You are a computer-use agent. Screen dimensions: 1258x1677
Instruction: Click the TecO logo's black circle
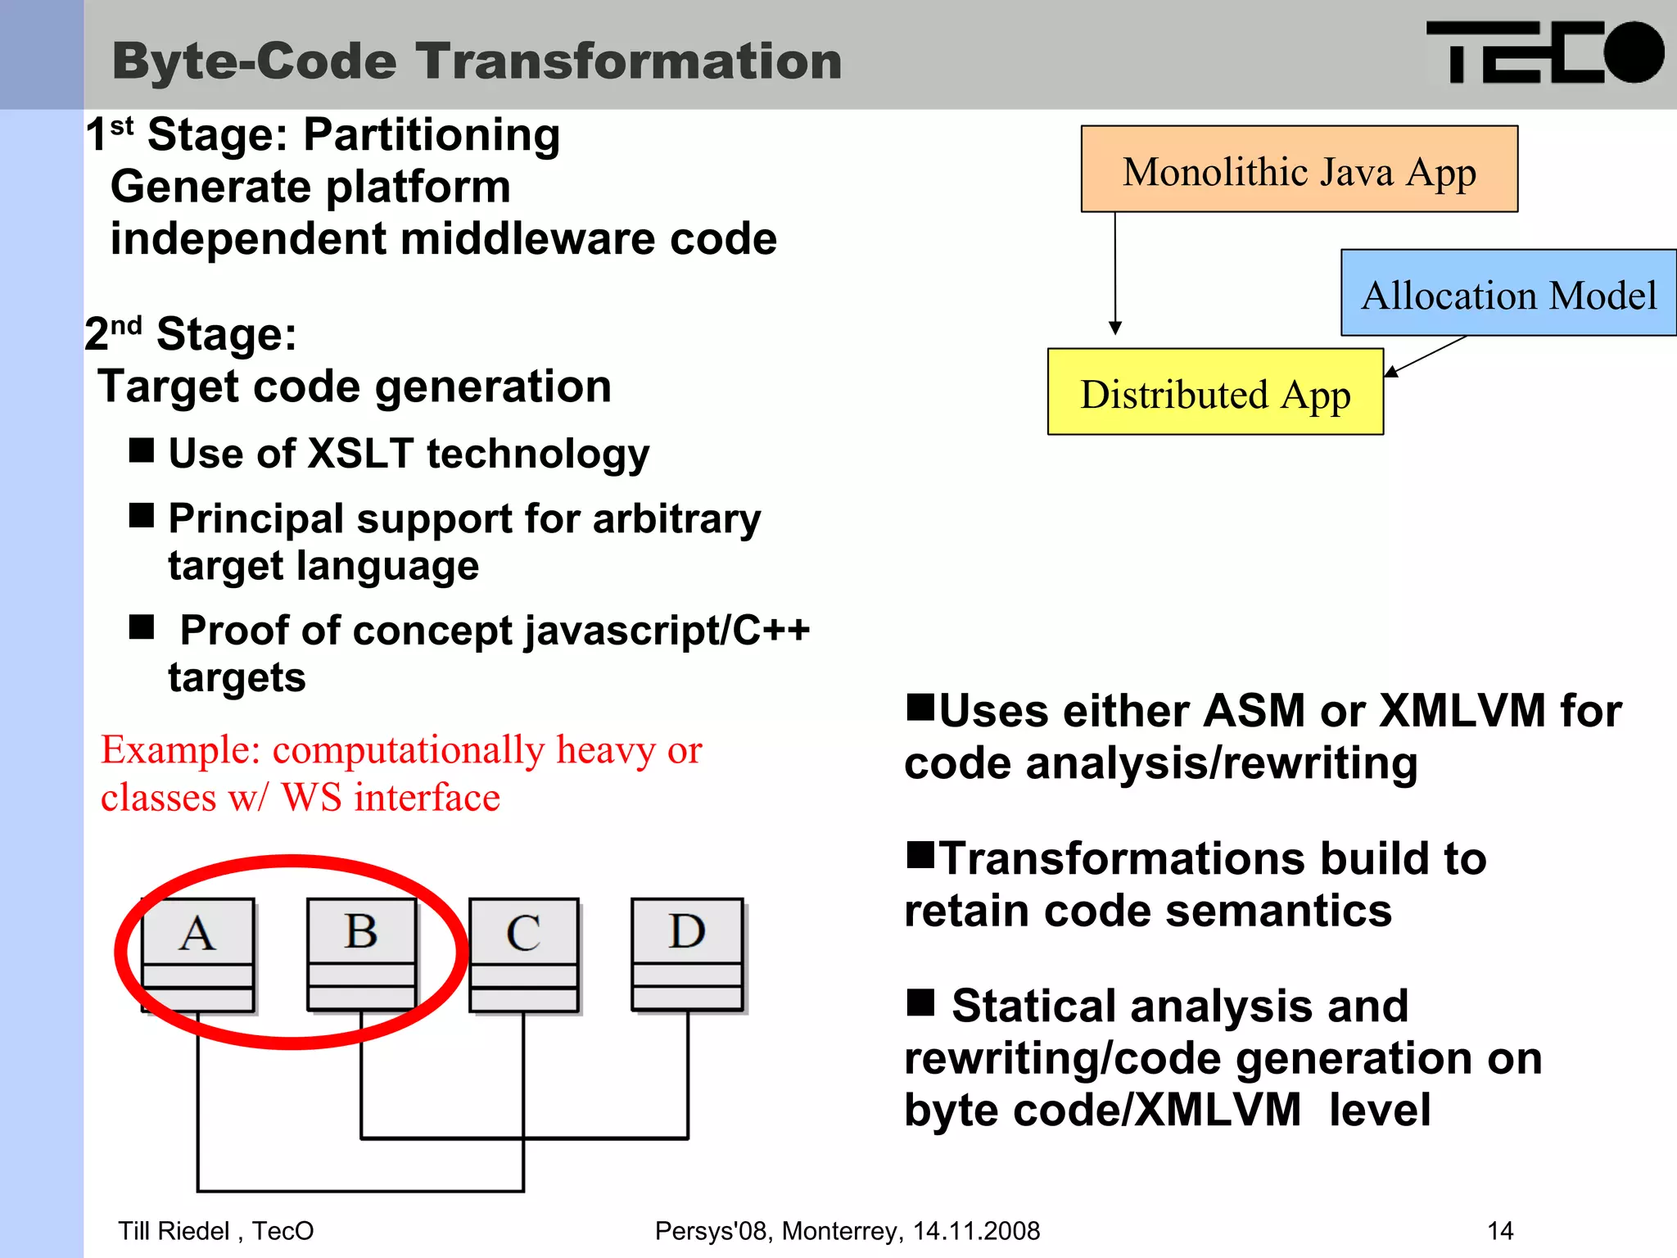1633,52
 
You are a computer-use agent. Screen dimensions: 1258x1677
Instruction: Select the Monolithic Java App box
1299,170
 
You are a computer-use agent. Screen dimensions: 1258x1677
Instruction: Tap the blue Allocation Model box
1508,293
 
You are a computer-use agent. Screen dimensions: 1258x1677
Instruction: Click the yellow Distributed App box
1215,392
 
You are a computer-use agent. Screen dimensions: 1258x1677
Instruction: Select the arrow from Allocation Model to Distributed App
1425,356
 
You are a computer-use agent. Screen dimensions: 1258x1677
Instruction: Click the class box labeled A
197,954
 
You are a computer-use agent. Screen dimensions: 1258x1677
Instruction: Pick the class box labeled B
361,953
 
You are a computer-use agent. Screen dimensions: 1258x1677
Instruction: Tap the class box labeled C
523,954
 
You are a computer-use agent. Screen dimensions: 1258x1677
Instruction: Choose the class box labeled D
687,953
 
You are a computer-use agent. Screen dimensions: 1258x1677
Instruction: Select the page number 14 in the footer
1500,1230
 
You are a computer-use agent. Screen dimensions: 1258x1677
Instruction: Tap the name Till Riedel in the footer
174,1230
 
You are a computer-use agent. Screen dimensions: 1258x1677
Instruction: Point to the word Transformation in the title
629,61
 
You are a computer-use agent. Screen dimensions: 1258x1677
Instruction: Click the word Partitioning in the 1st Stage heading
432,135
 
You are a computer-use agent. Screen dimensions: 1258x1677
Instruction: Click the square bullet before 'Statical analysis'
920,1001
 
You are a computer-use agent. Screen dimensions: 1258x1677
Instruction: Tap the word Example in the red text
180,749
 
